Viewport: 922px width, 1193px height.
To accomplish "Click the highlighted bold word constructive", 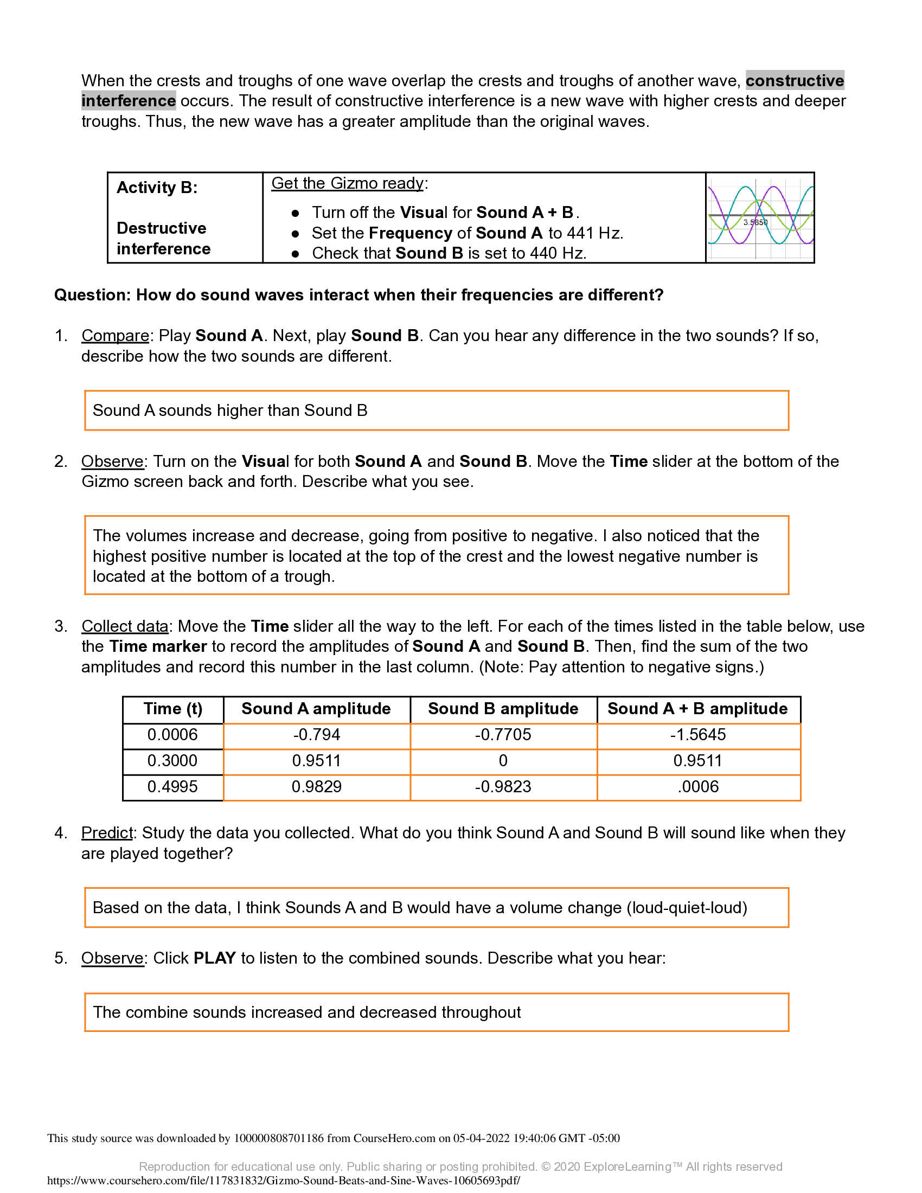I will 794,81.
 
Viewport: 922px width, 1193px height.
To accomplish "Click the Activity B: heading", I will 157,188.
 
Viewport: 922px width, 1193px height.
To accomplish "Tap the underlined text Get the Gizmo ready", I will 347,183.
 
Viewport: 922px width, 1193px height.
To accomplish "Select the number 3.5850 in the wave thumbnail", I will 755,222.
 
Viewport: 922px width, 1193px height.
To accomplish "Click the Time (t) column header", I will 172,709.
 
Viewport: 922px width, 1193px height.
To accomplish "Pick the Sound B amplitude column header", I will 503,709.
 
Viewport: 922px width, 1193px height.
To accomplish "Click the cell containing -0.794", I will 316,735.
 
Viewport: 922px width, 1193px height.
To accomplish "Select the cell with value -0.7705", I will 503,735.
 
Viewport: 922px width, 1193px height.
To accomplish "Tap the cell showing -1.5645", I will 697,735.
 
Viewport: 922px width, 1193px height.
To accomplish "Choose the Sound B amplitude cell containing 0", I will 503,760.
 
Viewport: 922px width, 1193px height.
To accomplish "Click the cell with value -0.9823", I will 503,787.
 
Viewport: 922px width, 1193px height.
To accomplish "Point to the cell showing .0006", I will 697,787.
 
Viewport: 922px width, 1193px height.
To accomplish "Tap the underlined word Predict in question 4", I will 107,833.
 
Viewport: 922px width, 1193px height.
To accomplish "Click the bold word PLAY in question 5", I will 215,958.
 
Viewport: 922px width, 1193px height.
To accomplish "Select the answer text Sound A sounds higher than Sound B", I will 230,411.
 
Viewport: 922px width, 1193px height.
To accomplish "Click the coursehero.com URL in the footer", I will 284,1181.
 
